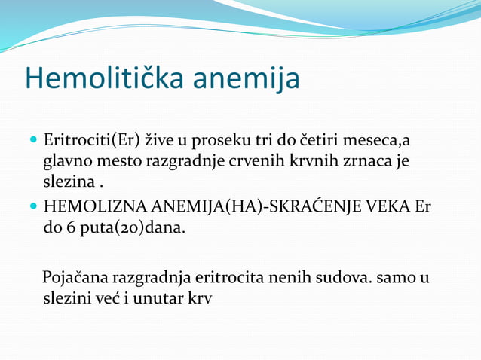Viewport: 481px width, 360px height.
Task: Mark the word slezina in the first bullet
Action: (68, 182)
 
